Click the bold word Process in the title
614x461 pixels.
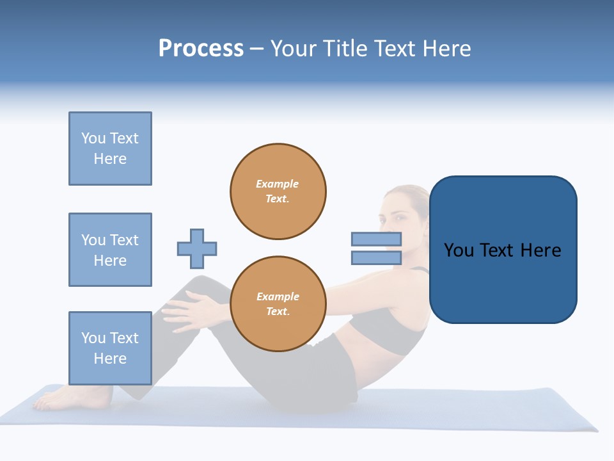pyautogui.click(x=201, y=49)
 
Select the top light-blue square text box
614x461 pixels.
pyautogui.click(x=110, y=149)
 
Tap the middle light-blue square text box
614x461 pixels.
pyautogui.click(x=110, y=250)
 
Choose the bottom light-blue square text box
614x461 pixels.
pyautogui.click(x=110, y=348)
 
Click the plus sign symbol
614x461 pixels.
pyautogui.click(x=197, y=248)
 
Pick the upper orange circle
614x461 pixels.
pyautogui.click(x=278, y=191)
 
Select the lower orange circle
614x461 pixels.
pyautogui.click(x=278, y=304)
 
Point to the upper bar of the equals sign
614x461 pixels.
pyautogui.click(x=376, y=239)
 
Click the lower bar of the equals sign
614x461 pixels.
pyautogui.click(x=376, y=258)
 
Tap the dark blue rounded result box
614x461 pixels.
pyautogui.click(x=503, y=250)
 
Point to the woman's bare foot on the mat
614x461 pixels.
pyautogui.click(x=58, y=400)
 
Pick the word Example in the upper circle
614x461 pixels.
pyautogui.click(x=278, y=184)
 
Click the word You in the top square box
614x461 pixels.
pyautogui.click(x=93, y=138)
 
